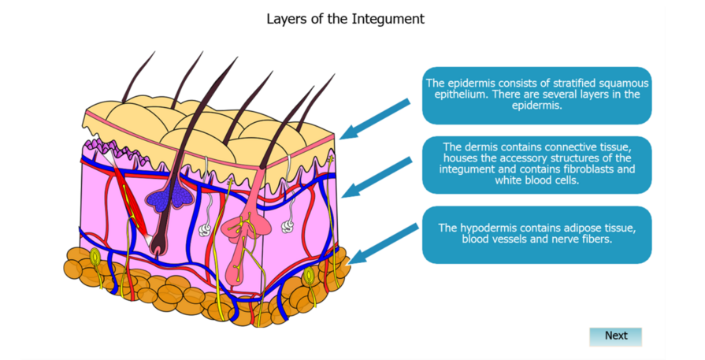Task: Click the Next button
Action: tap(615, 336)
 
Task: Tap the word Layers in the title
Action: tap(285, 19)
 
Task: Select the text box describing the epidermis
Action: tap(536, 95)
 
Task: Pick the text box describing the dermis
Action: tap(536, 164)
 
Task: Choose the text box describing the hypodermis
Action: tap(536, 234)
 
